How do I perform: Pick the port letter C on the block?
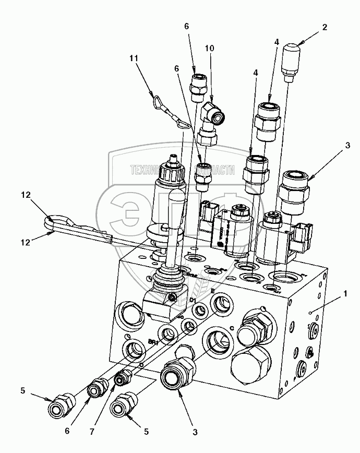point(230,329)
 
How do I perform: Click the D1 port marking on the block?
point(193,300)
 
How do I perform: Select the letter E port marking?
point(213,290)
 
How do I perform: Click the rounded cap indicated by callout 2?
point(290,58)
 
